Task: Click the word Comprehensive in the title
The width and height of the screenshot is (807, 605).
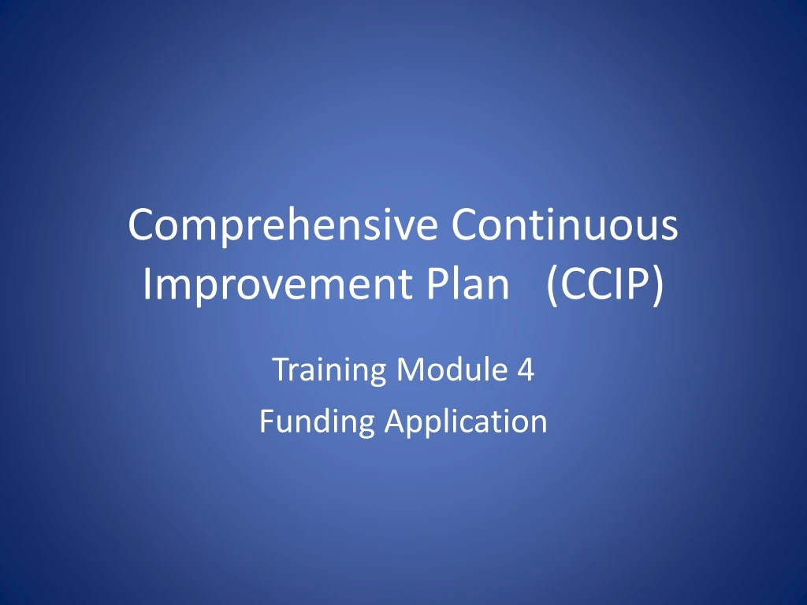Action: click(284, 225)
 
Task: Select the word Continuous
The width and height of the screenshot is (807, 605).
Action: click(564, 225)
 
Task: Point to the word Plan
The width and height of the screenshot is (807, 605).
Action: click(470, 284)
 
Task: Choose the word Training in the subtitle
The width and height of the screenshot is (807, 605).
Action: click(329, 369)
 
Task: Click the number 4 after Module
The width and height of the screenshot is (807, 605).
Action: click(526, 369)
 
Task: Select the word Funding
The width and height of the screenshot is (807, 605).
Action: click(317, 421)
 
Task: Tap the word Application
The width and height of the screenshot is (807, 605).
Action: click(465, 421)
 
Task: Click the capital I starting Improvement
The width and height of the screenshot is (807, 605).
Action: click(147, 284)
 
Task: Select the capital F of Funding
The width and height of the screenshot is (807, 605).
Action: click(266, 421)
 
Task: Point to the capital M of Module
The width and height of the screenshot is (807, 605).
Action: click(407, 369)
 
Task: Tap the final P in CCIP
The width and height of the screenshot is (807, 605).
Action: click(639, 284)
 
